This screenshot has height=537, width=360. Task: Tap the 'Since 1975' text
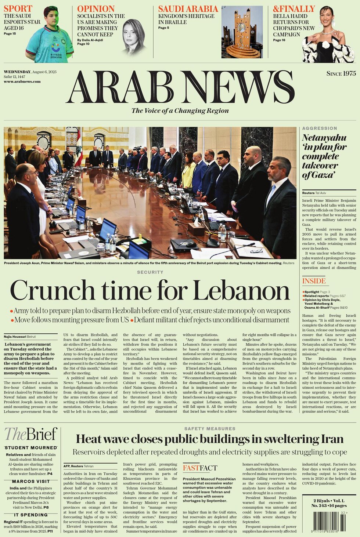[x=341, y=73]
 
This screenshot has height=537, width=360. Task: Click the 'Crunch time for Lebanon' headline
[x=150, y=290]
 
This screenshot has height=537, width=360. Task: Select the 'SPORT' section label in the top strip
[x=18, y=8]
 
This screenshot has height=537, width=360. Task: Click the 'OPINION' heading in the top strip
[x=96, y=9]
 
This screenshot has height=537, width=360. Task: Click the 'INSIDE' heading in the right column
[x=314, y=281]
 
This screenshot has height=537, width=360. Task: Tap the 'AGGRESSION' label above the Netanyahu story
[x=319, y=128]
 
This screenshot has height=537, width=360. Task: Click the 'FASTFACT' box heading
[x=200, y=468]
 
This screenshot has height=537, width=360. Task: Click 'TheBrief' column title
[x=31, y=434]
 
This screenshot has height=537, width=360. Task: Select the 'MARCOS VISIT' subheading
[x=31, y=481]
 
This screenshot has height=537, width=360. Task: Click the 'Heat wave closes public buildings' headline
[x=209, y=439]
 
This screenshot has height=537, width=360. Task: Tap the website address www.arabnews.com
[x=22, y=81]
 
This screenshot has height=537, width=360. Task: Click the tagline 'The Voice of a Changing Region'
[x=180, y=110]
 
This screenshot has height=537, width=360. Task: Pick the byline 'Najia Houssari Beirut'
[x=20, y=337]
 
